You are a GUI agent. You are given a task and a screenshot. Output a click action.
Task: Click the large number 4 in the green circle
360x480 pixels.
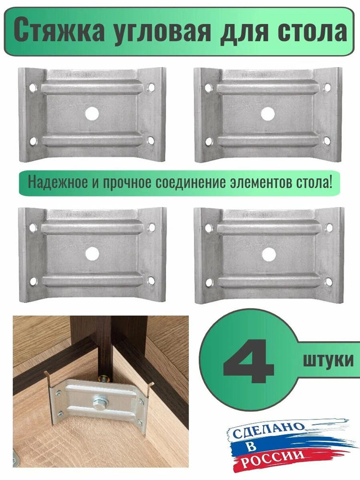coord(248,361)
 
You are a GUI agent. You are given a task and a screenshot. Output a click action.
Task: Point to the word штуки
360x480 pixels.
coord(328,360)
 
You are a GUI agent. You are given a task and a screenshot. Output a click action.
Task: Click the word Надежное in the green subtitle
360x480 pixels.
coord(58,182)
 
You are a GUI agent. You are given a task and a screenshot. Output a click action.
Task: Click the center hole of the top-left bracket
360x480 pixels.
coord(92,114)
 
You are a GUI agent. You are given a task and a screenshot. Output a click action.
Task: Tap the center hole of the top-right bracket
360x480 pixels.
coord(268,114)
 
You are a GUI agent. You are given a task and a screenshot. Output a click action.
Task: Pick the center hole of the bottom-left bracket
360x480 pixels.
coord(92,254)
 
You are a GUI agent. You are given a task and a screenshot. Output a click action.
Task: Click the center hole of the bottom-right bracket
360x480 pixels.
coord(269,254)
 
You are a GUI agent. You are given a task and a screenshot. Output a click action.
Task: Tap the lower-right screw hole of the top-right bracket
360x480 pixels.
coord(327,141)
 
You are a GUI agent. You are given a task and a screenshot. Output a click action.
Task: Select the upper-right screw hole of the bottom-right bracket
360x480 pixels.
coord(329,228)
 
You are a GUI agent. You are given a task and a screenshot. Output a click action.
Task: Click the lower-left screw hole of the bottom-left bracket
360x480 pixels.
coord(34,281)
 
